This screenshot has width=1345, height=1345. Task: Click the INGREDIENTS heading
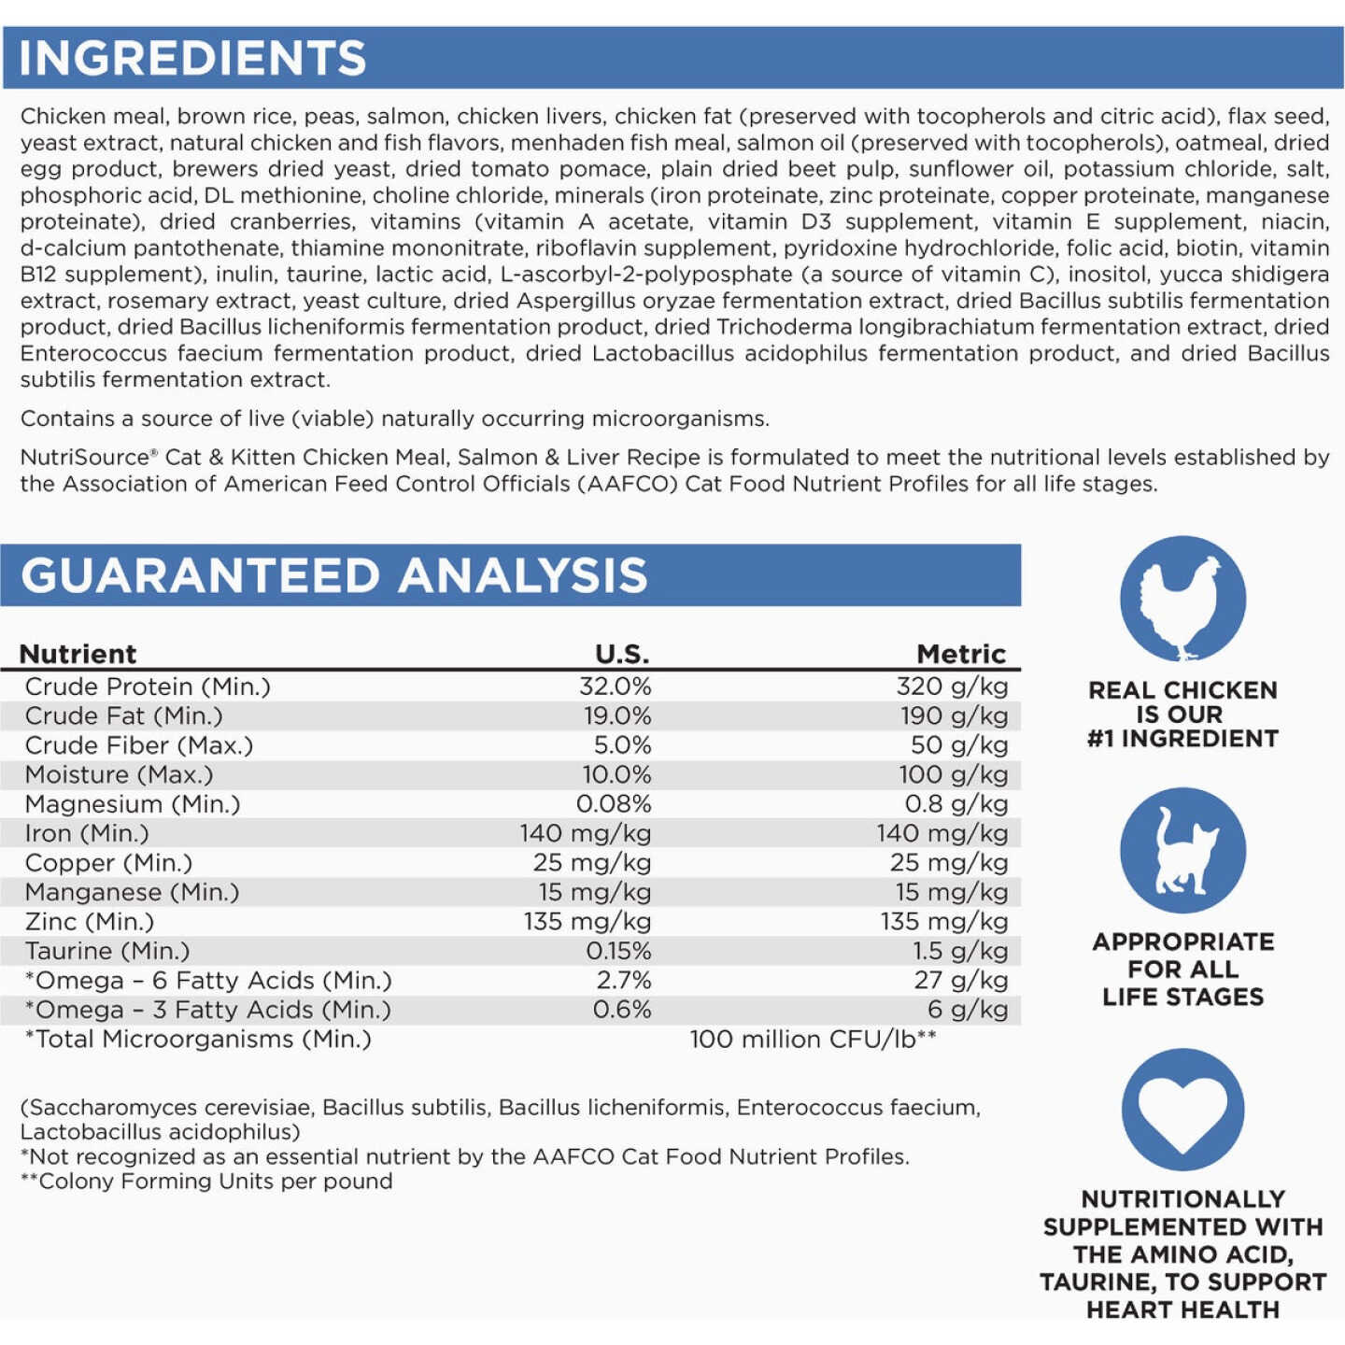coord(192,58)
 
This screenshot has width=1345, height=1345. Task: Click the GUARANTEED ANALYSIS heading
coord(333,575)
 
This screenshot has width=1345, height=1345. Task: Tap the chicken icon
coord(1182,599)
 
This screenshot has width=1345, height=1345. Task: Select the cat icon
coord(1182,850)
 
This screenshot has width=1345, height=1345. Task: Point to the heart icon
coord(1182,1109)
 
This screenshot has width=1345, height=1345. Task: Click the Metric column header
coord(960,654)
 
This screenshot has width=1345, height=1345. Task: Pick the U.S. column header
coord(622,654)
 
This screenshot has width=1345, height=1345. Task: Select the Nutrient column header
coord(78,654)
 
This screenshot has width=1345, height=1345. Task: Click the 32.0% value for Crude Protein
coord(615,687)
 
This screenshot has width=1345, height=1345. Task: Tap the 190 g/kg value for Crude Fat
coord(954,716)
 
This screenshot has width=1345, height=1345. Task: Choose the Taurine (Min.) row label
coord(107,951)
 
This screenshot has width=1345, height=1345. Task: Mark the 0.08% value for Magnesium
coord(613,804)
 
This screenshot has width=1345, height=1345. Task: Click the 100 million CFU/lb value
coord(812,1040)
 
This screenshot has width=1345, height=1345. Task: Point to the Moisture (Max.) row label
coord(119,775)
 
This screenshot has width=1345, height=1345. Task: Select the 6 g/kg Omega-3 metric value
coord(967,1010)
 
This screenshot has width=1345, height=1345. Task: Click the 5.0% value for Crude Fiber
coord(622,745)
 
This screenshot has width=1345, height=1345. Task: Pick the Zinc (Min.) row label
coord(90,922)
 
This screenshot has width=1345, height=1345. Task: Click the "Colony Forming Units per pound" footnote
coord(206,1182)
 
